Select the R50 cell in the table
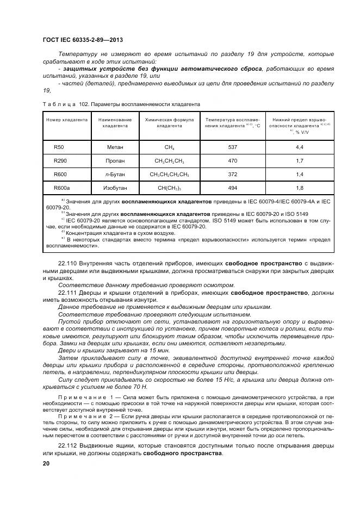click(x=59, y=147)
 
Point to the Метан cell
click(x=115, y=147)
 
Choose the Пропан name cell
click(x=115, y=161)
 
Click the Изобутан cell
click(x=115, y=188)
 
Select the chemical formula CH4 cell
click(x=169, y=147)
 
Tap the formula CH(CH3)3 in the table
click(x=169, y=188)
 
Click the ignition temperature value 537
click(x=233, y=147)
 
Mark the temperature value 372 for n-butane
click(x=233, y=174)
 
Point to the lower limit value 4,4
click(x=299, y=147)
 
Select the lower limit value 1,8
click(x=299, y=188)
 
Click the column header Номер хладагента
click(x=66, y=119)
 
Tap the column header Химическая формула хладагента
click(x=169, y=122)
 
